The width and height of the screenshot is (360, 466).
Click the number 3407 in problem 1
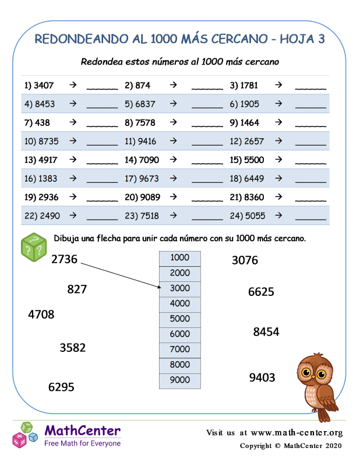(44, 85)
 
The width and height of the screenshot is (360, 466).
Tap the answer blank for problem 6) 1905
(310, 105)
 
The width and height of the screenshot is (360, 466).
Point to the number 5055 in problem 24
(255, 216)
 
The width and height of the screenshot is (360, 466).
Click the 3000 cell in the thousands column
(180, 288)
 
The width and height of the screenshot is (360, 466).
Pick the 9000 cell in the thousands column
(180, 380)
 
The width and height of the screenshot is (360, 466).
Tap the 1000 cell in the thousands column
(180, 258)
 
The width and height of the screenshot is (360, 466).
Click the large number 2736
(64, 260)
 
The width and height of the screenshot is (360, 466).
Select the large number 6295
(61, 387)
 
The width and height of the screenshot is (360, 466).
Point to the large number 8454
(266, 332)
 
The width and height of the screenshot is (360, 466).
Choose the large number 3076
(245, 260)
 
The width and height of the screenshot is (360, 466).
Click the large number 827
(77, 289)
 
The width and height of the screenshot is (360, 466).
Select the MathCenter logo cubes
(24, 435)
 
